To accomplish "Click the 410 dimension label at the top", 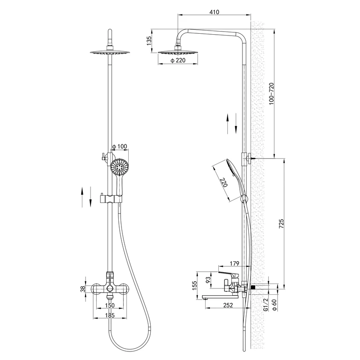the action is (214, 12).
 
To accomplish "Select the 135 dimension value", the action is (149, 40).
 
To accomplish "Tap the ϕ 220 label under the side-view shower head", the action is (178, 60).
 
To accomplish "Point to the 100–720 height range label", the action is (272, 94).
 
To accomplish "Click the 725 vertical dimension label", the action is (281, 224).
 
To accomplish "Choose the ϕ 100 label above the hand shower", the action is (119, 147).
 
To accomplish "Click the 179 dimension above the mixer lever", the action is (234, 263).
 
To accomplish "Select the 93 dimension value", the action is (208, 279).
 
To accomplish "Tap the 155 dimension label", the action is (195, 285).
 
